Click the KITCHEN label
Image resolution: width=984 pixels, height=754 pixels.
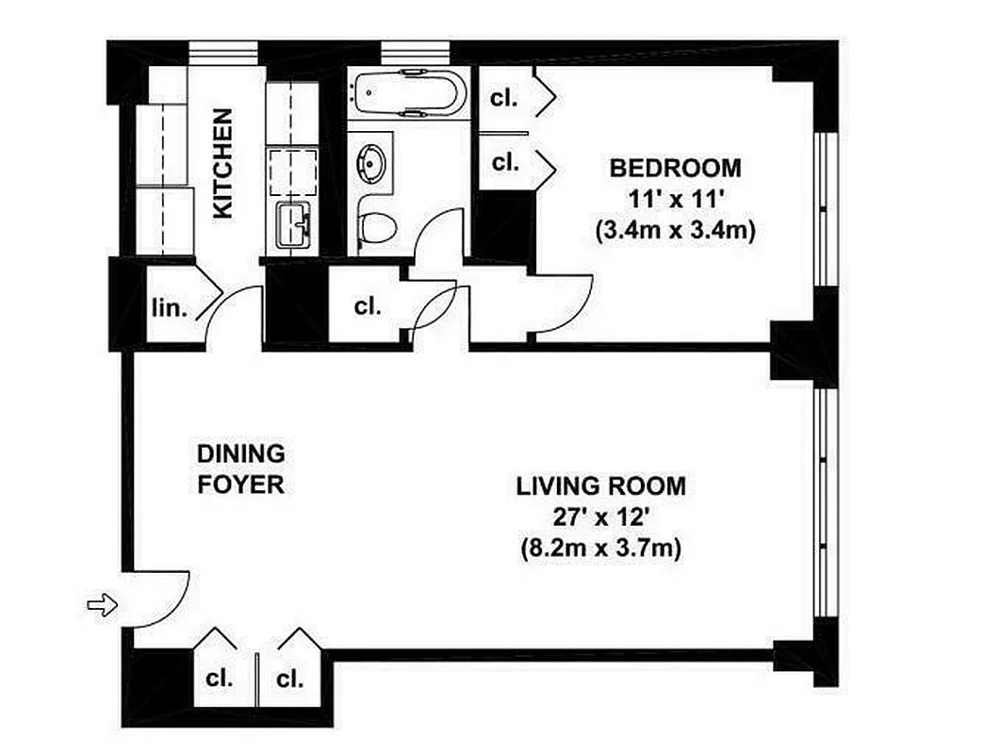click(x=222, y=164)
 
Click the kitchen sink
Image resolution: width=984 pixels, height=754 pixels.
click(x=292, y=226)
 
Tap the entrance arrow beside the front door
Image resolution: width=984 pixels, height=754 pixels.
click(x=102, y=604)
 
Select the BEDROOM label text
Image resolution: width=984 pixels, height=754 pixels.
click(x=675, y=169)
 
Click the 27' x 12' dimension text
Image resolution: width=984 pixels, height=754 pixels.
click(x=600, y=517)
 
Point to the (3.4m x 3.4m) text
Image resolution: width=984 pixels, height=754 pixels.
click(x=675, y=230)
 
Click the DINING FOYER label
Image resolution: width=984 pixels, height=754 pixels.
click(x=240, y=468)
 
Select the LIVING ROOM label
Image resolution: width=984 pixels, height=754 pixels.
click(x=600, y=487)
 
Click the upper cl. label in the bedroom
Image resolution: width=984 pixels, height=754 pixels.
click(x=505, y=96)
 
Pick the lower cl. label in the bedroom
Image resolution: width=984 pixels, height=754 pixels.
click(x=505, y=162)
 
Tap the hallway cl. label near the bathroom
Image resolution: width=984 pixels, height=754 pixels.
click(x=368, y=307)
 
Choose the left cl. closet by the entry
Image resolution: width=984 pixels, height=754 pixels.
click(x=221, y=679)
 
